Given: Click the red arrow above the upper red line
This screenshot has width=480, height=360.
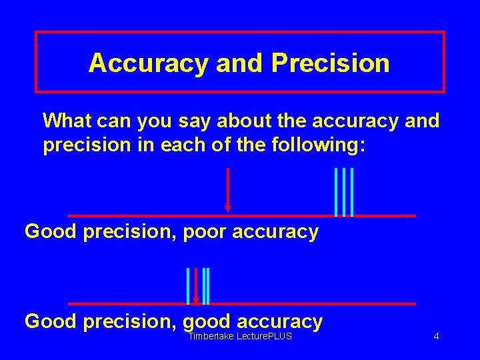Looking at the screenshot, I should tap(228, 190).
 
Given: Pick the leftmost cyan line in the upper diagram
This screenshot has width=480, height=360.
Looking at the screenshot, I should tap(336, 192).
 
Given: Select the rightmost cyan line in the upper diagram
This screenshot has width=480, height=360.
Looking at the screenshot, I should tap(351, 192).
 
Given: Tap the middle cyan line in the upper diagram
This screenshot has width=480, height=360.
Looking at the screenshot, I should tap(343, 192).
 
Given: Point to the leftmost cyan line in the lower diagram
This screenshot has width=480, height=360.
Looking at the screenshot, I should tap(188, 285).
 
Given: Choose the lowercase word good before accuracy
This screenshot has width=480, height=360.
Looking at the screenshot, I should tap(206, 321).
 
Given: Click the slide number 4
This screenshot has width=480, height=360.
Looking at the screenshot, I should tap(436, 337).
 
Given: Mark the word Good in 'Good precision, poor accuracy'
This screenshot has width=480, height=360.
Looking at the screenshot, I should tap(51, 232).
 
